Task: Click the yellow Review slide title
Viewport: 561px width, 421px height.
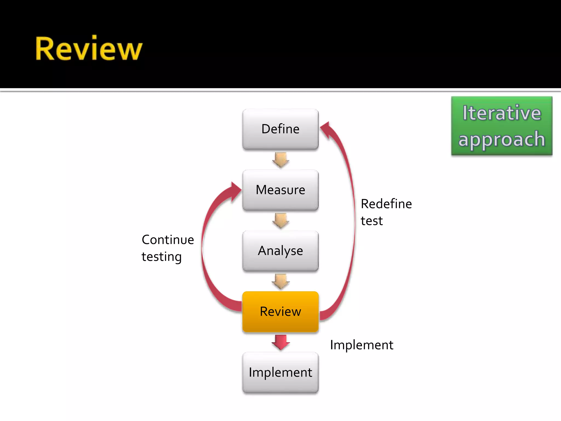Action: pos(89,49)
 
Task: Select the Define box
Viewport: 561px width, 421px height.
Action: pos(280,129)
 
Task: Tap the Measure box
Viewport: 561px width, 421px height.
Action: pos(280,190)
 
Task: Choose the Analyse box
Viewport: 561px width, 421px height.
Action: pos(280,251)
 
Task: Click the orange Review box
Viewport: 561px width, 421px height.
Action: pos(280,312)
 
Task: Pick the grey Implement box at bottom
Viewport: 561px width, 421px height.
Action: pos(280,372)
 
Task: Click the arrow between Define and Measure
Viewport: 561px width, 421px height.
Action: pos(280,160)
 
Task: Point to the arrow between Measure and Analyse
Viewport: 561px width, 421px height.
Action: pos(280,221)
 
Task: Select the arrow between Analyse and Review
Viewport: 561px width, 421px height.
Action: pos(280,281)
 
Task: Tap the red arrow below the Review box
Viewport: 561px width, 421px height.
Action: pos(280,342)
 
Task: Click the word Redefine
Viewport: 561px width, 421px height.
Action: pos(386,204)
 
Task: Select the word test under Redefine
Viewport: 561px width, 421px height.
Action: pos(371,221)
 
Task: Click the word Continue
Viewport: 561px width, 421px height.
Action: pos(168,240)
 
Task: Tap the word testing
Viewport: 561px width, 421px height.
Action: pos(161,257)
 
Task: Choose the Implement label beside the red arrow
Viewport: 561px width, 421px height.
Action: pos(361,345)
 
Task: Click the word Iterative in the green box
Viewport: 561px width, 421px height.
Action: pos(502,113)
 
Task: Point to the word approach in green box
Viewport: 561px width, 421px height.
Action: pos(502,139)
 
